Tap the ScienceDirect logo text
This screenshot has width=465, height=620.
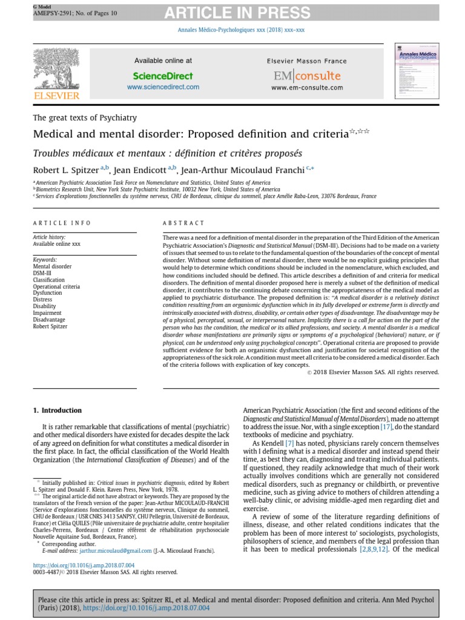pos(163,76)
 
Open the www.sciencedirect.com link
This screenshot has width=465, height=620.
pos(163,87)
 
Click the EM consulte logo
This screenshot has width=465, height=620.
pos(307,76)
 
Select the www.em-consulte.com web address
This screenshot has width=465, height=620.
pos(307,87)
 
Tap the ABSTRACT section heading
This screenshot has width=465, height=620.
pos(184,223)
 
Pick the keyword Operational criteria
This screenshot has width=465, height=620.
pos(56,286)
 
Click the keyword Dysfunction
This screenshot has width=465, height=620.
pos(47,292)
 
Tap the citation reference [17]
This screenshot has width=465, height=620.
pos(369,427)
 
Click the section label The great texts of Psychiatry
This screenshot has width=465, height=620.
pos(85,117)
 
